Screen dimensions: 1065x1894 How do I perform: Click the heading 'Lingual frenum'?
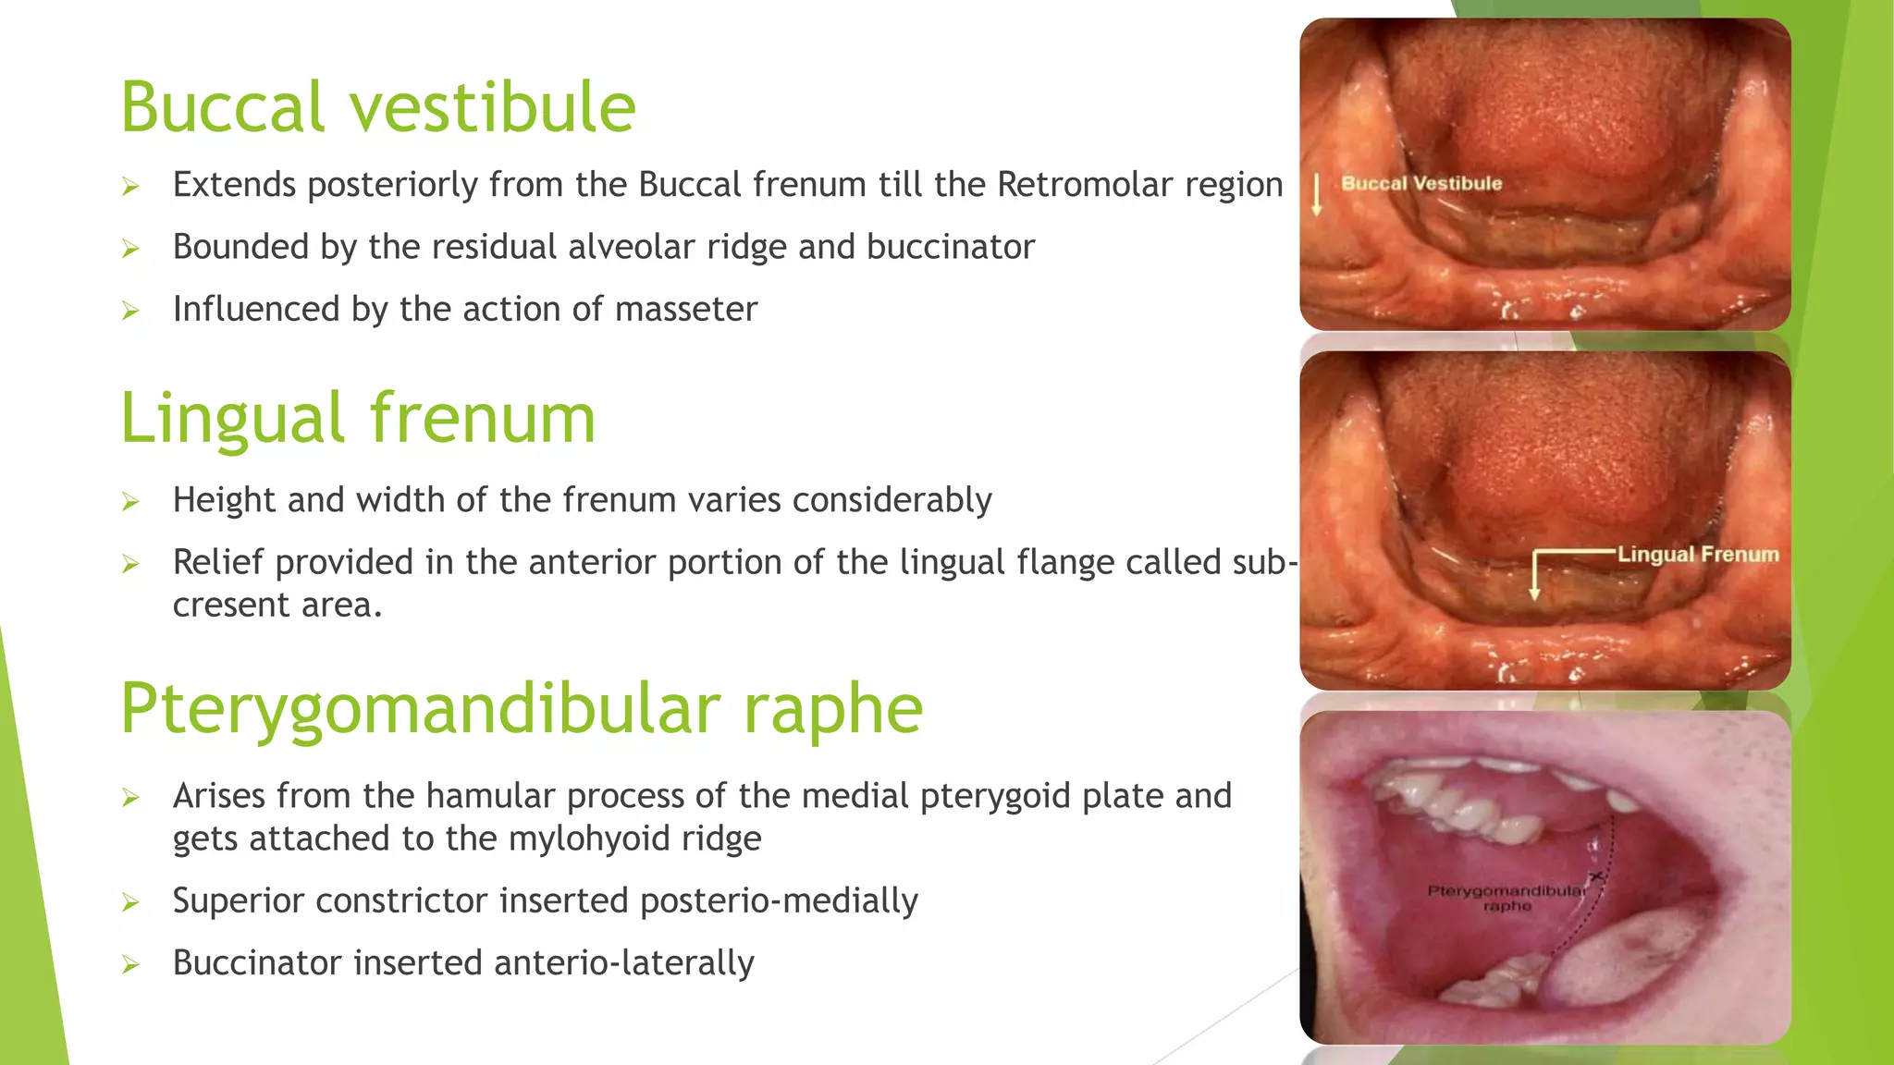[x=358, y=418]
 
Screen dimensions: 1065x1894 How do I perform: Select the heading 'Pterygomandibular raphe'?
[x=522, y=709]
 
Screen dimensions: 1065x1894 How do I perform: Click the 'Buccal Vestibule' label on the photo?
[x=1421, y=183]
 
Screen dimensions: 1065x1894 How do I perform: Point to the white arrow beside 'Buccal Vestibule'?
[x=1317, y=194]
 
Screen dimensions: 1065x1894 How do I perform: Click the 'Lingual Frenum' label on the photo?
[x=1698, y=555]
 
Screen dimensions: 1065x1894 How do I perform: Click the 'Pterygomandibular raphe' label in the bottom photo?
[x=1507, y=898]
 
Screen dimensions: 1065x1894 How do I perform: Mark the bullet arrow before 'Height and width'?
[x=130, y=502]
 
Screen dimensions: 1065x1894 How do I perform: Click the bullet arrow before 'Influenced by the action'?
[x=130, y=311]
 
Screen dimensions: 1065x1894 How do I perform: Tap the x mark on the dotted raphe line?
[x=1595, y=875]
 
